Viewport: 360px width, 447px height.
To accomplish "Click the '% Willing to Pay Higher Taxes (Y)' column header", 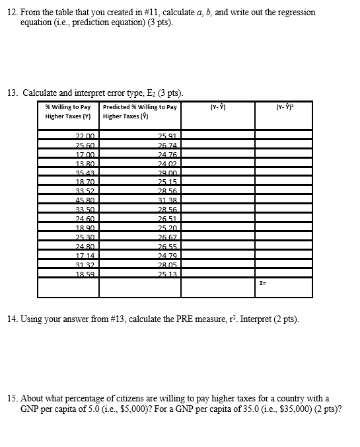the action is [x=68, y=111].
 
